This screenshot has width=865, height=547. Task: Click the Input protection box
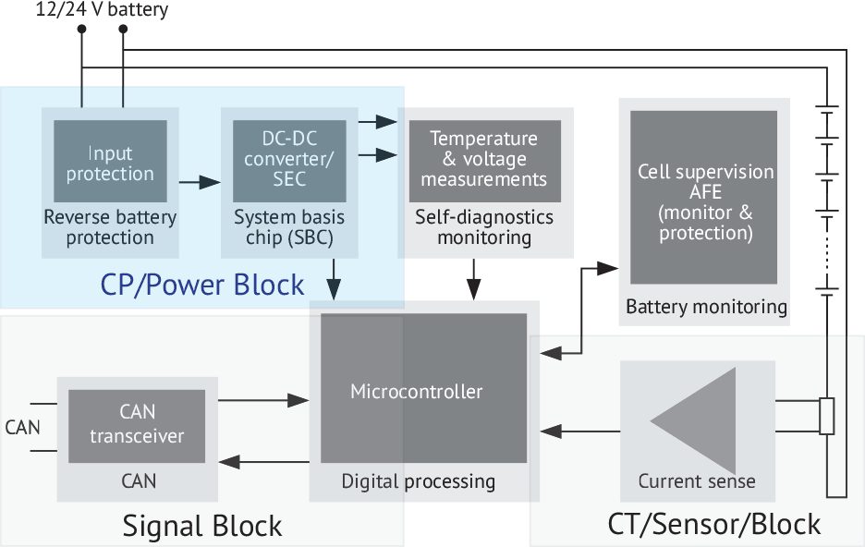click(110, 162)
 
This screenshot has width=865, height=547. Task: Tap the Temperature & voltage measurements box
click(484, 159)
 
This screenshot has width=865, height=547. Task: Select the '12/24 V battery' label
click(89, 11)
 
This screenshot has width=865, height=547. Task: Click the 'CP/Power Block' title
click(202, 285)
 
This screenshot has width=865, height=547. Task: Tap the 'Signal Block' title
click(202, 526)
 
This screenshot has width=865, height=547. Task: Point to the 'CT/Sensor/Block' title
click(713, 524)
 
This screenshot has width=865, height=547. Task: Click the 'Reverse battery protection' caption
click(110, 228)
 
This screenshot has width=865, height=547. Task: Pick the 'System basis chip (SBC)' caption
click(289, 228)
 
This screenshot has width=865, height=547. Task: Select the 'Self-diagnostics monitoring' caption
click(484, 228)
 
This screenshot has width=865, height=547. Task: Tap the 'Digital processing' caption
click(419, 481)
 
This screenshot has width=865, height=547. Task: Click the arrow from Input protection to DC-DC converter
click(194, 182)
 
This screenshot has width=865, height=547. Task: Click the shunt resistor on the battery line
click(827, 416)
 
